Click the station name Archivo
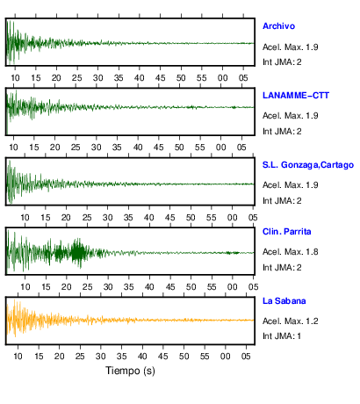pyautogui.click(x=278, y=26)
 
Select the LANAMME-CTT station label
pyautogui.click(x=296, y=96)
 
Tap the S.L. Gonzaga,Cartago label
pyautogui.click(x=308, y=165)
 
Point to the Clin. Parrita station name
pyautogui.click(x=286, y=232)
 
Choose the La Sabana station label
pyautogui.click(x=284, y=301)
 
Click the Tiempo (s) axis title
pyautogui.click(x=130, y=371)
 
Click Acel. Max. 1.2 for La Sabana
pyautogui.click(x=290, y=321)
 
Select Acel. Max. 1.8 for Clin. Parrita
pyautogui.click(x=290, y=252)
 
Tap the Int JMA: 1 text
pyautogui.click(x=282, y=336)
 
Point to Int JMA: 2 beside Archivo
pyautogui.click(x=282, y=62)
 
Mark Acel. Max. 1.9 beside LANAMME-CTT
pyautogui.click(x=290, y=116)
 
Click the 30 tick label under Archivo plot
pyautogui.click(x=97, y=78)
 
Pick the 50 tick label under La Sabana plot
pyautogui.click(x=184, y=356)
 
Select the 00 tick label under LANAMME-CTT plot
pyautogui.click(x=220, y=147)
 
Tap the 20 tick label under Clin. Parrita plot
pyautogui.click(x=66, y=287)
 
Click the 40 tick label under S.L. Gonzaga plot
pyautogui.click(x=149, y=218)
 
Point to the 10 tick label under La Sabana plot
pyautogui.click(x=18, y=356)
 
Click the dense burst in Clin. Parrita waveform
pyautogui.click(x=78, y=252)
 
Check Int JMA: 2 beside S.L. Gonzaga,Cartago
pyautogui.click(x=282, y=201)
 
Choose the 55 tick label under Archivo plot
pyautogui.click(x=201, y=78)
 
